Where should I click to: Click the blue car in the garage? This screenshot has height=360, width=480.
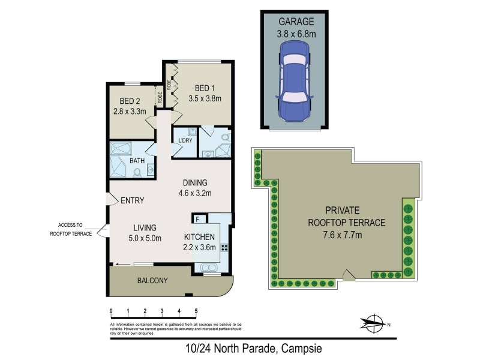(293, 86)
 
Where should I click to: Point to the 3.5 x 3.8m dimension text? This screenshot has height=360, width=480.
(205, 98)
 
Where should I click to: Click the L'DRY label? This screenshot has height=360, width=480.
(185, 140)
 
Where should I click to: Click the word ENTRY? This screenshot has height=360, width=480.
(131, 200)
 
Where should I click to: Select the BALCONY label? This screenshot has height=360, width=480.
(152, 280)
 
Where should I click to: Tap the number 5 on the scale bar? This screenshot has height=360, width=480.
(196, 311)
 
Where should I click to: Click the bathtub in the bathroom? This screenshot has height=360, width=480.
(124, 149)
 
